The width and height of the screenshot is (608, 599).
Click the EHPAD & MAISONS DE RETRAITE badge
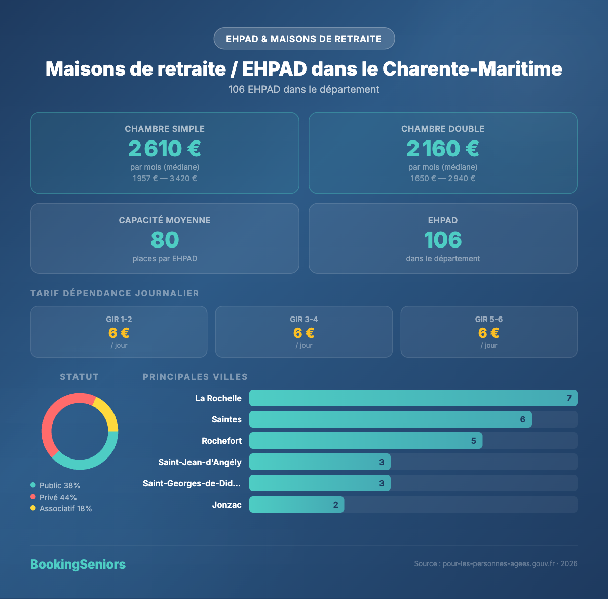tap(304, 39)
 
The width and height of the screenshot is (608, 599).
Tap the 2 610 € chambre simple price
tap(165, 149)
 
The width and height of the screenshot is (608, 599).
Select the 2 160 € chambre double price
tap(443, 149)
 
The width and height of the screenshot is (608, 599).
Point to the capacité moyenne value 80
tap(165, 240)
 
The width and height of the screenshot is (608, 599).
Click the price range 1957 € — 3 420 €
tap(165, 179)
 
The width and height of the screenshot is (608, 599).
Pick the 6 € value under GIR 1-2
tap(119, 333)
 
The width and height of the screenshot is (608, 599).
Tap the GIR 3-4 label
tap(304, 319)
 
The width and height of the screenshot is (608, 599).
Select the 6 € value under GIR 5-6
tap(489, 333)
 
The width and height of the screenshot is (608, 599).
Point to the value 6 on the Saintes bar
tap(522, 419)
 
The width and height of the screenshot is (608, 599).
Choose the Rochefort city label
tap(221, 441)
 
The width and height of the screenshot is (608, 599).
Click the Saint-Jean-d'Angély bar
tap(320, 462)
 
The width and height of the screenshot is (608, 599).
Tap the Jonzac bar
tap(296, 505)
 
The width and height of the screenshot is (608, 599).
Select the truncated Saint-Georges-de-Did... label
tap(192, 483)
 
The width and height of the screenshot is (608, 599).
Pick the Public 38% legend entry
tap(55, 485)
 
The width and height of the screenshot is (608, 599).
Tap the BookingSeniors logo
tap(78, 564)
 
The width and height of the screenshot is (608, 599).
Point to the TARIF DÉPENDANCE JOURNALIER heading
tap(115, 293)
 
